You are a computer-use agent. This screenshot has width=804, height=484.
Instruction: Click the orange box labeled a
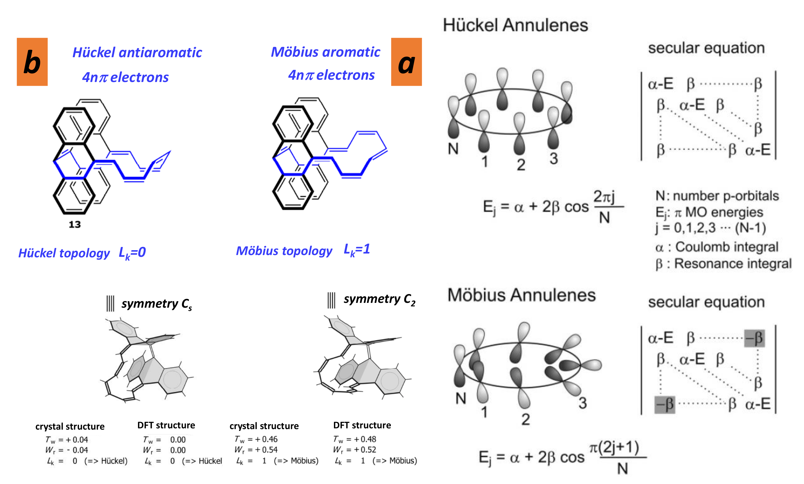point(406,62)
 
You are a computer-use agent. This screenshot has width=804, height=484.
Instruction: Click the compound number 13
point(75,224)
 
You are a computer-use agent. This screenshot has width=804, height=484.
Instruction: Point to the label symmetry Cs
point(157,304)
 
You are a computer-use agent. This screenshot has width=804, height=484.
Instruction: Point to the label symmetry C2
point(379,299)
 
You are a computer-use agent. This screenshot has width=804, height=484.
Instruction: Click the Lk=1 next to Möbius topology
point(357,250)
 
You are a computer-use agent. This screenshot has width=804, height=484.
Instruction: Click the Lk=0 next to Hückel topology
point(132,253)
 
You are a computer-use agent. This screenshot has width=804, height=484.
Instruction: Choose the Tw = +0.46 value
point(256,439)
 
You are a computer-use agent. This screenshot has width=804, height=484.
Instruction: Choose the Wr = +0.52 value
point(354,450)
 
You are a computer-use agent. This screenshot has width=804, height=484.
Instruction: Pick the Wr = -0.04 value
point(67,450)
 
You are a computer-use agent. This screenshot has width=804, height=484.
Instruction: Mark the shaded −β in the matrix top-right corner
point(754,338)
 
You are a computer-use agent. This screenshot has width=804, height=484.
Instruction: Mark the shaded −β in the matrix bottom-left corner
point(664,404)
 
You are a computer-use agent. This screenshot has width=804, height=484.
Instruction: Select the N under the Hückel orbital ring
point(453,149)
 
